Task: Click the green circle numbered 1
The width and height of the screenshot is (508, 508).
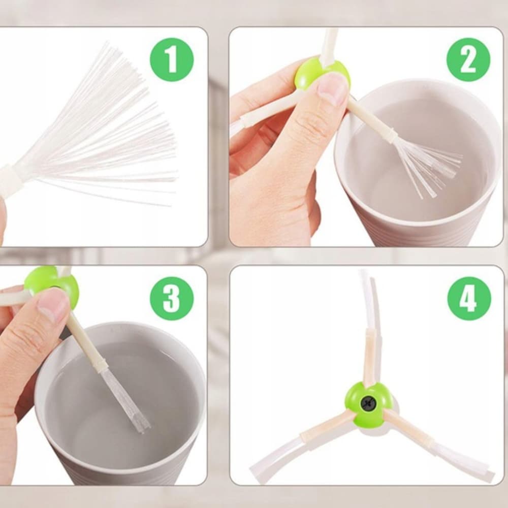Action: [x=172, y=59]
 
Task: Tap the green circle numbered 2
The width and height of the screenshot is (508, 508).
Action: [x=468, y=59]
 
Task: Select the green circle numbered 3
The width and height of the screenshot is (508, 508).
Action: [x=172, y=298]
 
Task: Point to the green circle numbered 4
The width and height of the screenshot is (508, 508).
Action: [x=469, y=298]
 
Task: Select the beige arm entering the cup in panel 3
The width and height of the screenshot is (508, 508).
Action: [x=88, y=343]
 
